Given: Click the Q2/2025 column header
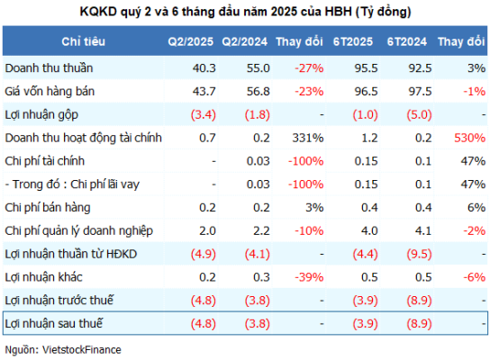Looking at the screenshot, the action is coord(190,41).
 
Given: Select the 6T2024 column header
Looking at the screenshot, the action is coord(406,41).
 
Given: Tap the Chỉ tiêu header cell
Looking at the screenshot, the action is coord(83,41).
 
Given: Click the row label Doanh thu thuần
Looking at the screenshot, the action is coord(49,67).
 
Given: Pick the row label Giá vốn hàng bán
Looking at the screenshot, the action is coord(50,91).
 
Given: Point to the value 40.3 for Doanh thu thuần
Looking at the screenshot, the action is coord(204,68).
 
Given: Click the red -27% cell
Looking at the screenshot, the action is coord(309,68).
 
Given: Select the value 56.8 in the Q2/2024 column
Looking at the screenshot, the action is coord(259,92).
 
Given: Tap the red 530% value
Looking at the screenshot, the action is coord(469,138).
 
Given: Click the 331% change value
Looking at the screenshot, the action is coord(308,138).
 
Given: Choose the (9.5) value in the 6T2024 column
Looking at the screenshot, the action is coord(419,254).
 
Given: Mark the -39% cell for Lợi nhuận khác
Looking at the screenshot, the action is coord(309,277).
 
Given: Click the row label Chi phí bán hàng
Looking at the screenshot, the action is coord(48,208).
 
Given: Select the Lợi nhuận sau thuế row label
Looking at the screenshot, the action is coord(54,323).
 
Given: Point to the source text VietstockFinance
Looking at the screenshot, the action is coord(82,350).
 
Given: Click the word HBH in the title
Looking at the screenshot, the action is coord(338,12).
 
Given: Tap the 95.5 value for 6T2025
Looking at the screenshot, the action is coord(366,68).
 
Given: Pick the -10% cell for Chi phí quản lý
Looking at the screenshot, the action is coord(309,230).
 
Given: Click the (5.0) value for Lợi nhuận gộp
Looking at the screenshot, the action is coord(419,114).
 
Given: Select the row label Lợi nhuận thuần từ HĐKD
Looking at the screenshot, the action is coord(71,254).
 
